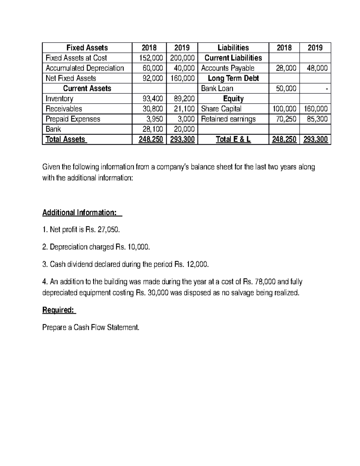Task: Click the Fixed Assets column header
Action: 87,48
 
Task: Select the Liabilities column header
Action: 233,48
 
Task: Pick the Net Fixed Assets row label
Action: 71,78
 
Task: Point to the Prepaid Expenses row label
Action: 73,119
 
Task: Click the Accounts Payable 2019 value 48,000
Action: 317,68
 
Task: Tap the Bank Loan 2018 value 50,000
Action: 286,89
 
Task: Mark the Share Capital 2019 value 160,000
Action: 316,109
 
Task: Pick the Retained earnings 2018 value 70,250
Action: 286,119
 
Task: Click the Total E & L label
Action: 233,139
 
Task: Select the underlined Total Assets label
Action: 65,139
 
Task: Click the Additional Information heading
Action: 79,213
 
